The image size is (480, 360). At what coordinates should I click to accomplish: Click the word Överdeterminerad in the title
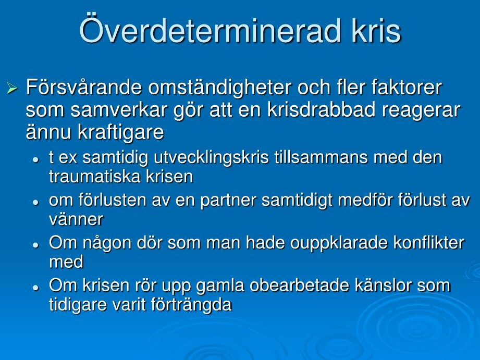(x=210, y=30)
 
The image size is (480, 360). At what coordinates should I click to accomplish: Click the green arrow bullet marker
(x=12, y=89)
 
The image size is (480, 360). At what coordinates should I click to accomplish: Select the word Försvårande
(x=83, y=88)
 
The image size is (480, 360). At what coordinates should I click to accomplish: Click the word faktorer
(x=407, y=88)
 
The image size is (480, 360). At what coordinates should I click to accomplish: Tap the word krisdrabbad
(x=321, y=110)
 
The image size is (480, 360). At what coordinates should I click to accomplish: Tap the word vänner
(x=76, y=219)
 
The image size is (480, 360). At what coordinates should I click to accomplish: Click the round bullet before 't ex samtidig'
(x=36, y=159)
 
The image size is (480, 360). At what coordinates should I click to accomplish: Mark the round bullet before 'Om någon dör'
(x=36, y=245)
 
